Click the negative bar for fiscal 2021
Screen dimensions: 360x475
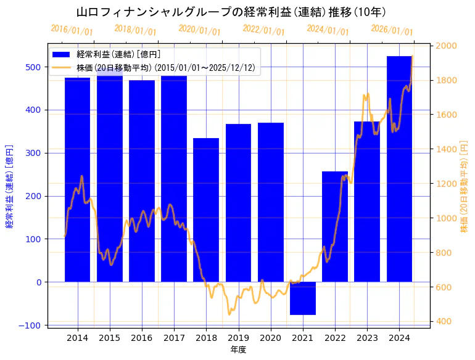[302, 298]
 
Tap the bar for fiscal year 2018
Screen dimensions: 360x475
[206, 210]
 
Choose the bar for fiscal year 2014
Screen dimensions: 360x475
[77, 179]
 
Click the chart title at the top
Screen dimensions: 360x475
[231, 12]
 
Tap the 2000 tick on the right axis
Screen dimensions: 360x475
[446, 46]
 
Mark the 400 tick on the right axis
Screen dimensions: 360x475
[444, 321]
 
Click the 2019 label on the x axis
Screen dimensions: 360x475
[238, 338]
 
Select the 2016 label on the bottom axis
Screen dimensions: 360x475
[141, 338]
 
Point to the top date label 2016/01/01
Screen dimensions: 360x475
[72, 30]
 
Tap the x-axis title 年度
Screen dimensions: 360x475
[238, 350]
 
